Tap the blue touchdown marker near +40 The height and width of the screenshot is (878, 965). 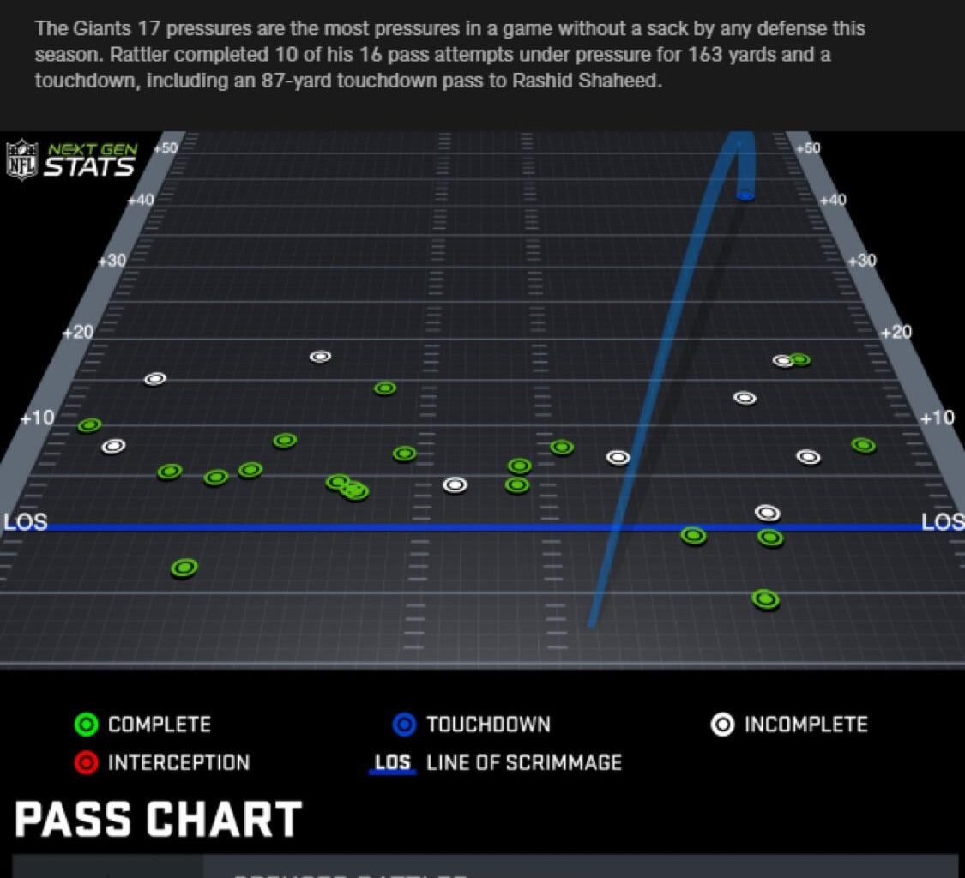pos(745,195)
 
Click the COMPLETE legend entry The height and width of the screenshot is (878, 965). pos(142,725)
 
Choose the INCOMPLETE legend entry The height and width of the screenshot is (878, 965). pos(789,725)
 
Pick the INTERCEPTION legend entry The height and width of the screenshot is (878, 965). pos(162,762)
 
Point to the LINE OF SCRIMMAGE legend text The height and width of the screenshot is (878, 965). pos(523,762)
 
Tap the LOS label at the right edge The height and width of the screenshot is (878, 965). pos(943,522)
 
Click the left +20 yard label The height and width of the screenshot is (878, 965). pos(77,332)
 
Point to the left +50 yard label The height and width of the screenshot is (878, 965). pos(165,147)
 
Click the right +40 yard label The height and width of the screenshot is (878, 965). pos(832,200)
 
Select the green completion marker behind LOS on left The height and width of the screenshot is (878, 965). pos(184,568)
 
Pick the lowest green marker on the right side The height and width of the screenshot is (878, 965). pos(765,598)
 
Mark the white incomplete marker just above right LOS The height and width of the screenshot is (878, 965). pos(767,513)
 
